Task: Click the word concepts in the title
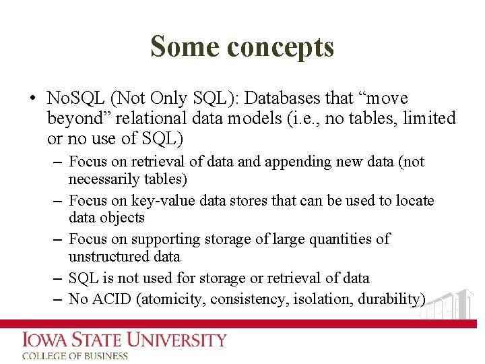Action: point(280,48)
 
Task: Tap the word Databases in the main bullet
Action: point(283,98)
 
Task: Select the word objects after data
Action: point(123,217)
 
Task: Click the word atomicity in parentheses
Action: point(171,299)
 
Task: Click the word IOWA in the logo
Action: point(45,340)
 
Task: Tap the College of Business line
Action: point(75,356)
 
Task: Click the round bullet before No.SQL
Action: point(33,99)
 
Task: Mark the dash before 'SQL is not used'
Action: point(57,278)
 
